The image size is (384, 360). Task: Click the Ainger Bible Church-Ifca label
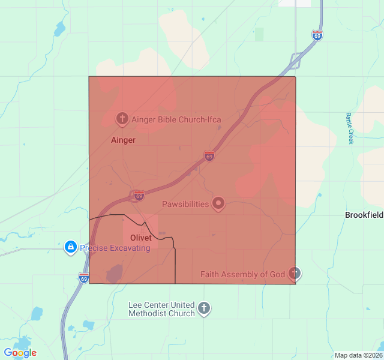[x=176, y=119]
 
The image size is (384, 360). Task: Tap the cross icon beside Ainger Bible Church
[x=122, y=118]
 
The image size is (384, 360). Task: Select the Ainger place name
[x=123, y=140]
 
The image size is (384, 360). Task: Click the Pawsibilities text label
[x=185, y=204]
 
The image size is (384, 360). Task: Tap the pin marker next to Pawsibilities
[x=219, y=204]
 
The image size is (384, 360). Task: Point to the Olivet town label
[x=141, y=238]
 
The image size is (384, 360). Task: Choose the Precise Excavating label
[x=115, y=248]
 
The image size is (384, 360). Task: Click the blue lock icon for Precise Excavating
[x=71, y=247]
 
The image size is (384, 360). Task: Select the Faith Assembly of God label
[x=242, y=275]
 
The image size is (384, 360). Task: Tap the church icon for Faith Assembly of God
[x=294, y=274]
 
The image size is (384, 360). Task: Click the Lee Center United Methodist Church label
[x=162, y=309]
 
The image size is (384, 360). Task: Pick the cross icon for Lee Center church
[x=204, y=309]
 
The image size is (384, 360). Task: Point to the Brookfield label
[x=364, y=215]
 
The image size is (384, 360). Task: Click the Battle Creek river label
[x=350, y=128]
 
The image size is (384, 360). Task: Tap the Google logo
[x=20, y=353]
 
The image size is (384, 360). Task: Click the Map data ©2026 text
[x=358, y=355]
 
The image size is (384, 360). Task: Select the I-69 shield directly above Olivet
[x=139, y=196]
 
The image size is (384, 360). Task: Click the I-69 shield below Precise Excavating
[x=83, y=278]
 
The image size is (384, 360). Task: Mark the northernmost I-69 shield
[x=317, y=35]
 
